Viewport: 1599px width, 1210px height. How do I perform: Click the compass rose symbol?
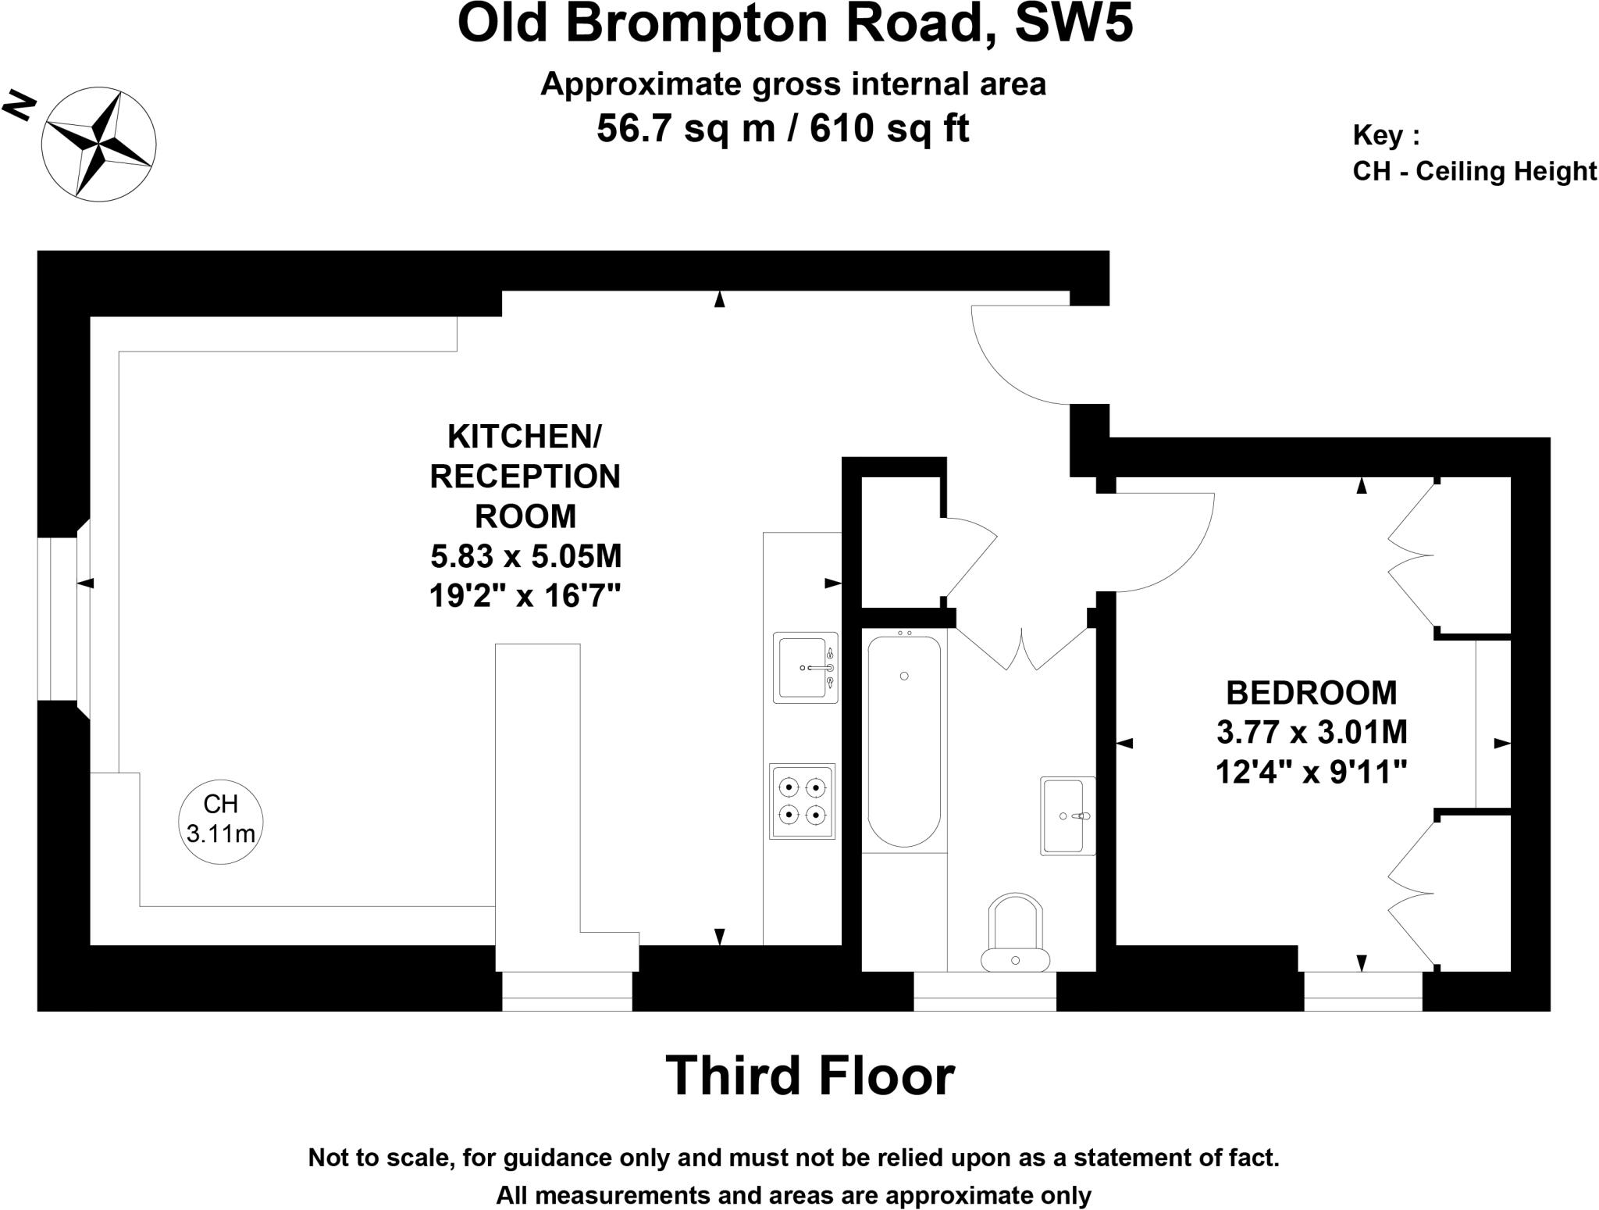coord(98,144)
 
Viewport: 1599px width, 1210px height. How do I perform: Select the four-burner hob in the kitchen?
coord(803,801)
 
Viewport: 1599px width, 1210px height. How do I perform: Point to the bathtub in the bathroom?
coord(904,741)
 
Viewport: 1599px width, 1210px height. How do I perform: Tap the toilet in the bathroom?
coord(1015,933)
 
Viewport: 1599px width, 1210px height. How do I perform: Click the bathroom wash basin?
coord(1067,816)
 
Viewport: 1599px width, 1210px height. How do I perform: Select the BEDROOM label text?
coord(1311,693)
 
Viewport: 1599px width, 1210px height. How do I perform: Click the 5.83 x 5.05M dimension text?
coord(525,556)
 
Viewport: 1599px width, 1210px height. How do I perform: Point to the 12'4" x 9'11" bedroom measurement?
coord(1311,773)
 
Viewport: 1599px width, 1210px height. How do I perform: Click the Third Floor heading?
coord(810,1076)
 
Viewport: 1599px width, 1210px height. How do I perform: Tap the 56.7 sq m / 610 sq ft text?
coord(782,129)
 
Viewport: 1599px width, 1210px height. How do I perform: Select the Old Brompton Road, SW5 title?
coord(795,23)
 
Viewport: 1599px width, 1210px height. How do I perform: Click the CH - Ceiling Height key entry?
coord(1474,171)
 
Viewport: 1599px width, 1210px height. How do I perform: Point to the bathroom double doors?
coord(1022,648)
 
